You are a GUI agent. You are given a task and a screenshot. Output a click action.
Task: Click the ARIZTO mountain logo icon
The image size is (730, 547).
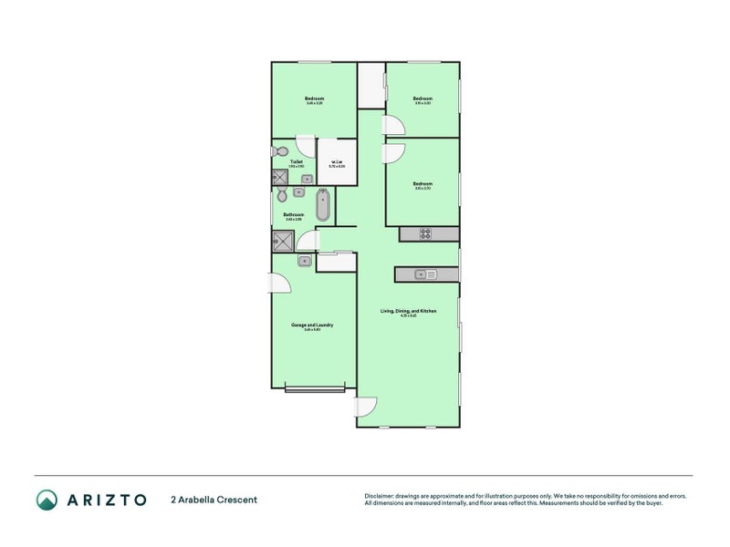point(47,499)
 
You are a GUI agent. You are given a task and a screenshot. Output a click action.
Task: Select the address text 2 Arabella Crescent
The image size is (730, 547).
point(214,500)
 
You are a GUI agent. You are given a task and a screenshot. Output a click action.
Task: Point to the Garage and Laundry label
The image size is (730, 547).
point(311,325)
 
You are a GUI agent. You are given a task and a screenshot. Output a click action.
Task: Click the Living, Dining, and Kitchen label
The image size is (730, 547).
point(408,312)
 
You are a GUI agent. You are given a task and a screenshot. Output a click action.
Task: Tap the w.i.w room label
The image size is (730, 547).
point(337,163)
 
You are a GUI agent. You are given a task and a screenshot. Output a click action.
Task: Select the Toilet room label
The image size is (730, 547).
point(297,162)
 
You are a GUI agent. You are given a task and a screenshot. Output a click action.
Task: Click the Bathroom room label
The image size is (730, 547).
point(293,215)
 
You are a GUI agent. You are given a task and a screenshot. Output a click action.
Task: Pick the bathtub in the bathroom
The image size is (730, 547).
point(323,205)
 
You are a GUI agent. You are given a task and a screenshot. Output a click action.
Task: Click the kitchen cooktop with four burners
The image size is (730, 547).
point(425,233)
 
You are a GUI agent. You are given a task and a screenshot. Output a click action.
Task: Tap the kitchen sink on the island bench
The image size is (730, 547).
point(425,273)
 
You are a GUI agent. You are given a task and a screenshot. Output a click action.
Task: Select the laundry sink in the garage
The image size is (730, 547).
point(303,262)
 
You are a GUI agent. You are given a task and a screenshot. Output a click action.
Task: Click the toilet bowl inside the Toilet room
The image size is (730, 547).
point(283,151)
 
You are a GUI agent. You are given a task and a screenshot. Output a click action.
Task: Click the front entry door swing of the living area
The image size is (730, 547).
point(366,408)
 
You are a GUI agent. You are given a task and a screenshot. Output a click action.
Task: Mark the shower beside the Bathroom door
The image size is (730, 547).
point(282,241)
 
